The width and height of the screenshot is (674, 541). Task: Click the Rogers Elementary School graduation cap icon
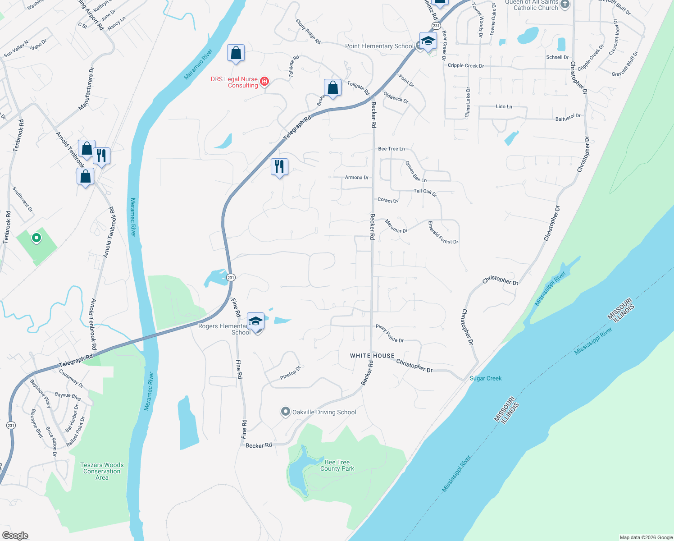click(x=255, y=321)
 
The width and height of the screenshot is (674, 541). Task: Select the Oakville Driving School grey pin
click(x=285, y=412)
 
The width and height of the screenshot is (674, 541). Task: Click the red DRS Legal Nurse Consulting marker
click(x=264, y=82)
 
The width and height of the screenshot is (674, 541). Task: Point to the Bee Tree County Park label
click(x=337, y=466)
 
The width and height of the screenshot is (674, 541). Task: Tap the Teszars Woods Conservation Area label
click(x=102, y=471)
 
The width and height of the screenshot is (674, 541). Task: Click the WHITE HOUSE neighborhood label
click(x=372, y=356)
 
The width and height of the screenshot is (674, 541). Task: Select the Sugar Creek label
click(x=485, y=378)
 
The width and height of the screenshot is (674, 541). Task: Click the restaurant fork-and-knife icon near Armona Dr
click(x=279, y=167)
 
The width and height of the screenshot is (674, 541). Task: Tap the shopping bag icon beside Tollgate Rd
click(x=332, y=88)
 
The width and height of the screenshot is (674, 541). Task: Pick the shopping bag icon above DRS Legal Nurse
click(x=236, y=53)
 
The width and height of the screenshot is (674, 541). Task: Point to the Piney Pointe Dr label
click(x=390, y=334)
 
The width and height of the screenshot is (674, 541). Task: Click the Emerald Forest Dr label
click(x=443, y=233)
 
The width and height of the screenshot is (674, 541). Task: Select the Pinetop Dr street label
click(x=290, y=373)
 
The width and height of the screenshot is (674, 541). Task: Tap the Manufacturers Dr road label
click(x=87, y=89)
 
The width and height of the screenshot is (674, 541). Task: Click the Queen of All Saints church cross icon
click(x=565, y=5)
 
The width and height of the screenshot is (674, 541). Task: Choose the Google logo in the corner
click(x=15, y=536)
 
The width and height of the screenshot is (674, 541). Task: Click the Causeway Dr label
click(x=71, y=379)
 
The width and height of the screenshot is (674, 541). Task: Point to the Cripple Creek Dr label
click(x=465, y=65)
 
